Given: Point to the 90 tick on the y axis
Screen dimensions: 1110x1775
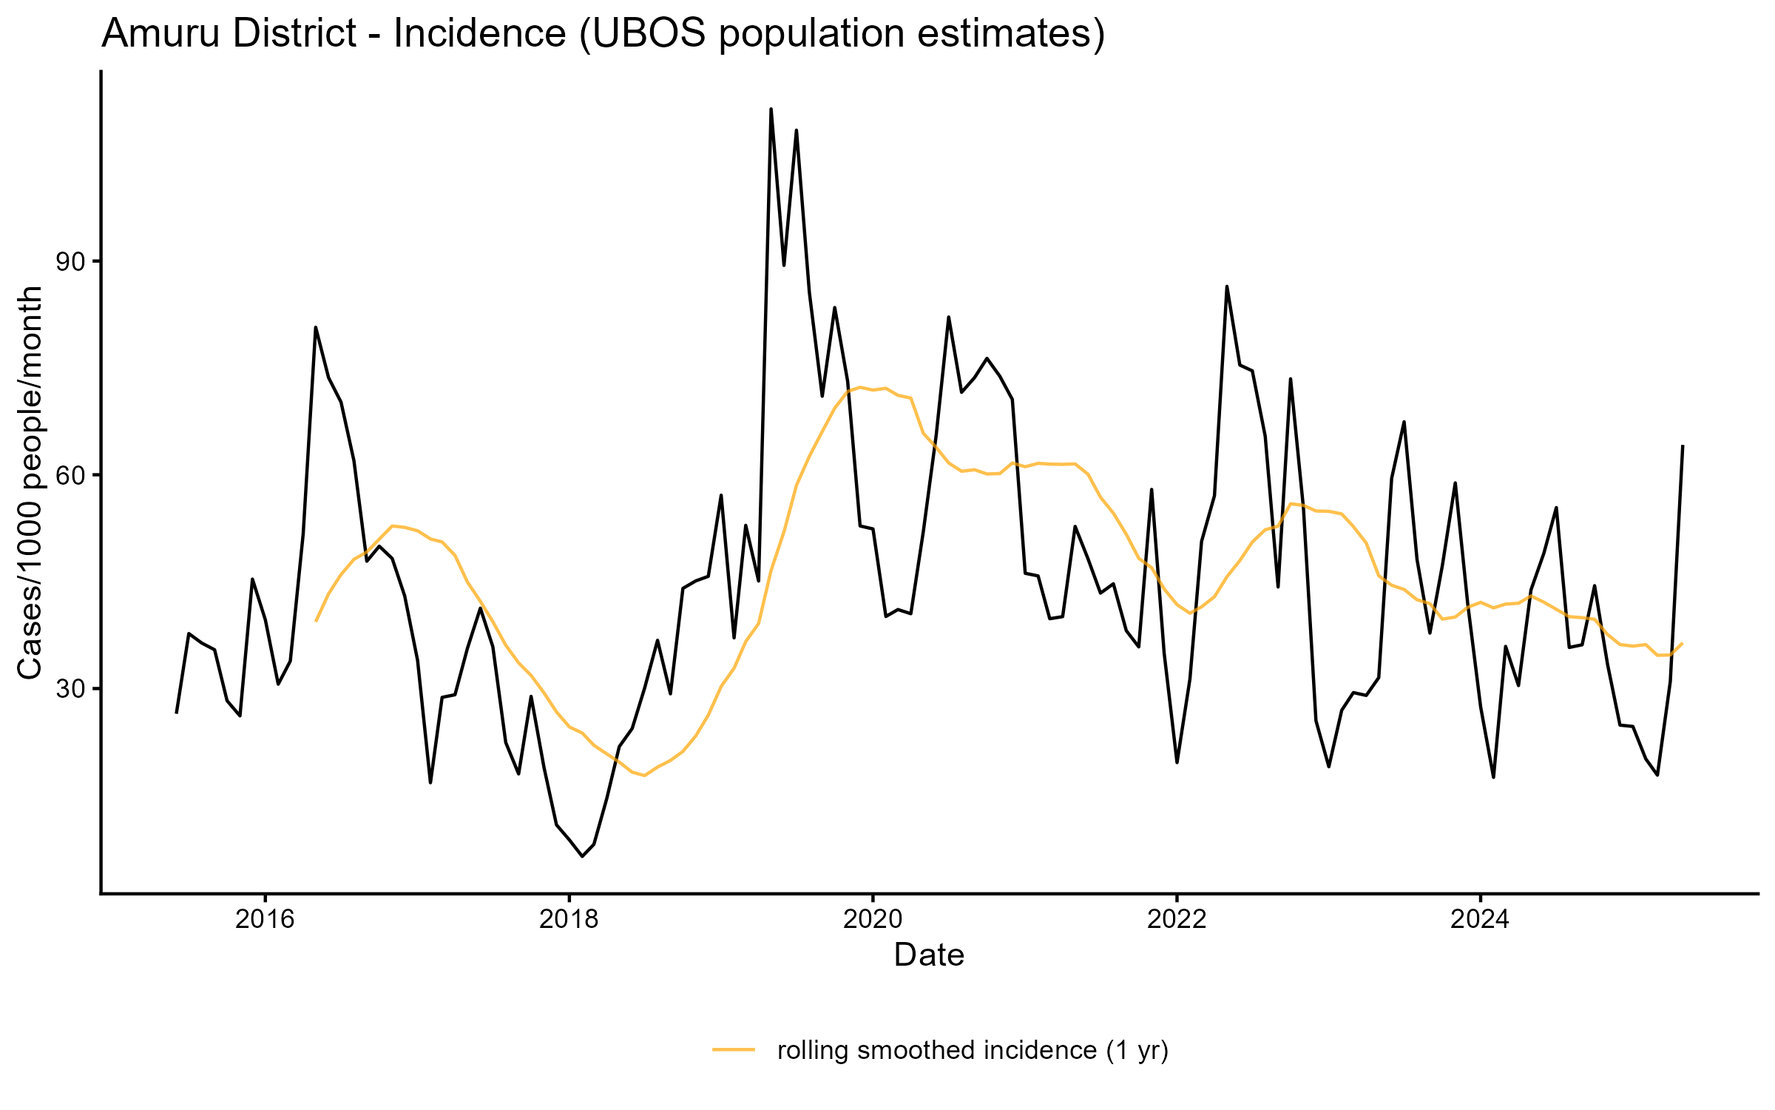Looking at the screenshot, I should click(x=72, y=262).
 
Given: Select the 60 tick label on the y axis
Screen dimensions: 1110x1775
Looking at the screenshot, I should click(x=72, y=475).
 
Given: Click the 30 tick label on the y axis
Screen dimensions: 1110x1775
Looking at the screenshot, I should click(x=72, y=689).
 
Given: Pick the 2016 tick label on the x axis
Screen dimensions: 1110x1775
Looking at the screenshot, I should click(x=264, y=919).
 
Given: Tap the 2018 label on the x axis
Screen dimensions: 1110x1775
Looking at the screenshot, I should click(x=568, y=919).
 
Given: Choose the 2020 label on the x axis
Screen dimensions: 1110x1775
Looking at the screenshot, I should click(x=873, y=919).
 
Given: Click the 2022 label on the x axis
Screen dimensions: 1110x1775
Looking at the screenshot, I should click(x=1176, y=919).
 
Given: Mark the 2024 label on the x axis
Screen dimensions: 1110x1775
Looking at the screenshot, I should click(x=1480, y=919).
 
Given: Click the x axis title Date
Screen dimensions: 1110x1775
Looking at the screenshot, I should click(x=929, y=955).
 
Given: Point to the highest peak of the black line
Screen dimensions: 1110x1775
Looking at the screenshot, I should click(x=771, y=110).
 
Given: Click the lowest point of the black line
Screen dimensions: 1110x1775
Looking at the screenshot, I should click(x=582, y=856).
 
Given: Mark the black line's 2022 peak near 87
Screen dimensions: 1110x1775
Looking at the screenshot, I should click(x=1227, y=286).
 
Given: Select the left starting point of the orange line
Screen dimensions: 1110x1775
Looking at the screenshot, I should click(x=316, y=621).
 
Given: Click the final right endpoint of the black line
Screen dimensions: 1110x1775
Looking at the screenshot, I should click(x=1683, y=446).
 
